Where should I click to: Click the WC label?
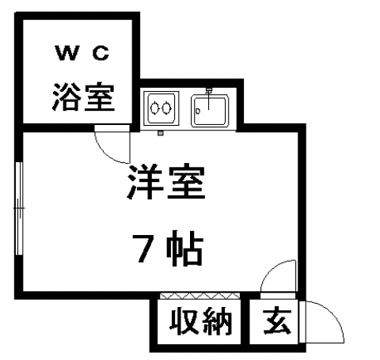pyautogui.click(x=82, y=53)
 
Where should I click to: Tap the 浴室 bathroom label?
pyautogui.click(x=83, y=97)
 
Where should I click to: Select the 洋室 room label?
pyautogui.click(x=166, y=182)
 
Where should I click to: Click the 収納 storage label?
pyautogui.click(x=200, y=320)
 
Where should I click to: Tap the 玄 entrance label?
pyautogui.click(x=277, y=321)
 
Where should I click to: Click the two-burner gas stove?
pyautogui.click(x=161, y=108)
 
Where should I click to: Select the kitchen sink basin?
pyautogui.click(x=210, y=111)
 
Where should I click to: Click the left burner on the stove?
pyautogui.click(x=154, y=108)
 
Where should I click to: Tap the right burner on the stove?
pyautogui.click(x=166, y=108)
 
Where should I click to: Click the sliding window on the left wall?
pyautogui.click(x=20, y=208)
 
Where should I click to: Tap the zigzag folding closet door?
pyautogui.click(x=199, y=295)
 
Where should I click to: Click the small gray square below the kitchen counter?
pyautogui.click(x=161, y=133)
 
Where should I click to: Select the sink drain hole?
pyautogui.click(x=198, y=112)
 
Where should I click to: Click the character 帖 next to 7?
pyautogui.click(x=185, y=248)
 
